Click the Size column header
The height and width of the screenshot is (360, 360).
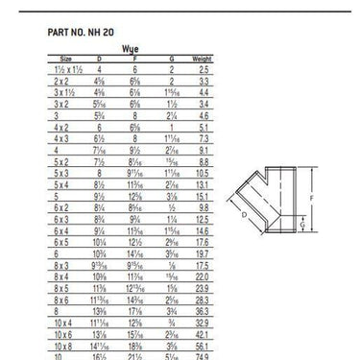[x=65, y=59]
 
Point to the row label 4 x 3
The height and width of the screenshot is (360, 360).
[x=65, y=137]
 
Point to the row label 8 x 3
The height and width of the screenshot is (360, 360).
[x=65, y=264]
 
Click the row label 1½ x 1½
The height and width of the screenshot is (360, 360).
[x=65, y=70]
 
